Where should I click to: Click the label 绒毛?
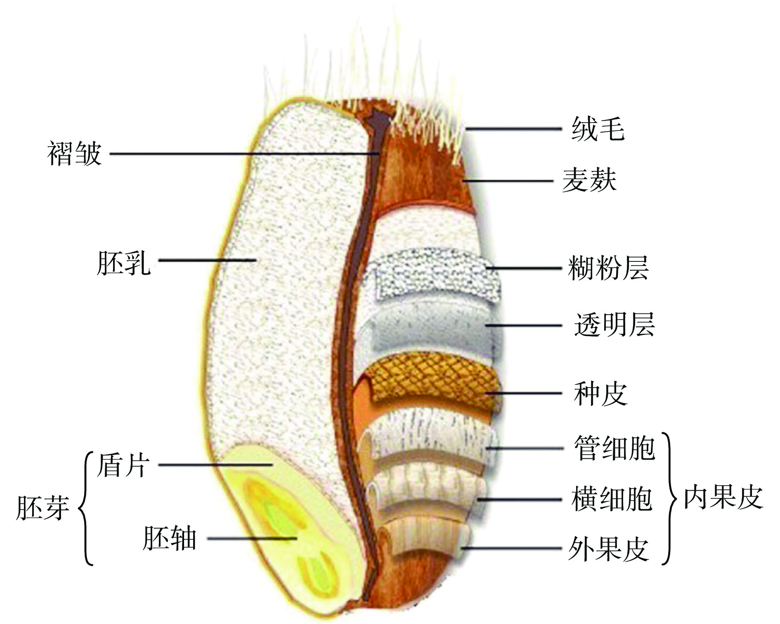coord(598,129)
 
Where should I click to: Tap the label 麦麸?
coord(589,180)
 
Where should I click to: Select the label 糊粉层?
coord(608,268)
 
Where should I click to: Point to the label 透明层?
coord(614,325)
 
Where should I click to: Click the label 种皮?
coord(600,393)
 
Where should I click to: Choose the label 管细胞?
coord(614,448)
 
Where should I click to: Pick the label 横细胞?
coord(612,499)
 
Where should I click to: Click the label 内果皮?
coord(723,498)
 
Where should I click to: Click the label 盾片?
coord(122,465)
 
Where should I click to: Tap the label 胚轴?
coord(169,539)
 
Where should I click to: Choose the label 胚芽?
coord(42,508)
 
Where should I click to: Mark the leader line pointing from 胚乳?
coord(206,260)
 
